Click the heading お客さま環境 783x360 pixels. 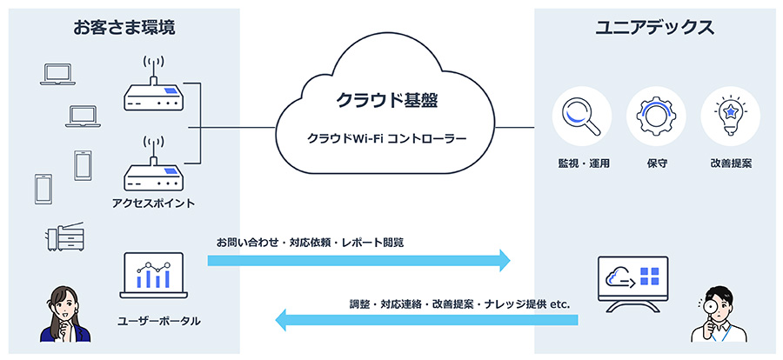point(124,28)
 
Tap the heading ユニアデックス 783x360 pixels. point(654,28)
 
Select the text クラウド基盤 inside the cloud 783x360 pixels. point(386,99)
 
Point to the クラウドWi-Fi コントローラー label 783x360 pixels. point(386,138)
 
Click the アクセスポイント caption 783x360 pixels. point(153,203)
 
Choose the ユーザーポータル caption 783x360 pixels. point(158,321)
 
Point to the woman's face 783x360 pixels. point(59,304)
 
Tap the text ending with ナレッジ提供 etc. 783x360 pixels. point(458,303)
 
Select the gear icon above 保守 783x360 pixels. point(655,116)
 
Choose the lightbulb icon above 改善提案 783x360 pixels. point(729,116)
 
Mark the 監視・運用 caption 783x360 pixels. point(582,163)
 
